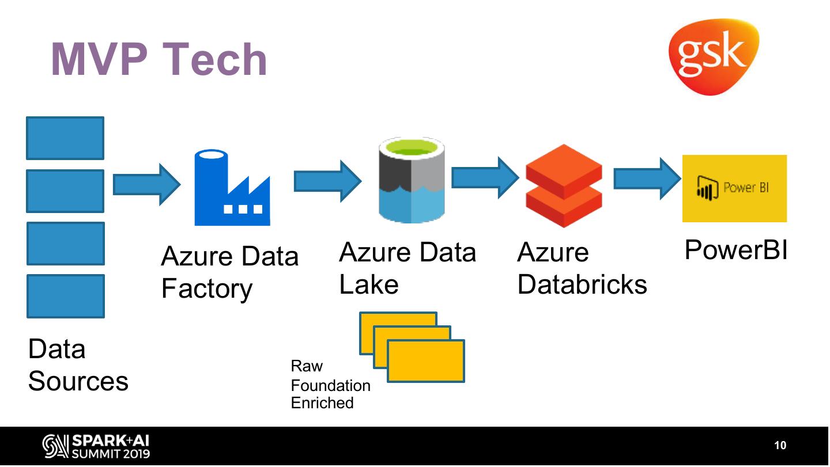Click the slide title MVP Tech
[159, 59]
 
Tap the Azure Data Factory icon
[232, 188]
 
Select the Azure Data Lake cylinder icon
[412, 181]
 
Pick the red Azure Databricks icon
[564, 185]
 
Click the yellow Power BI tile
[734, 188]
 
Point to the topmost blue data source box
[65, 138]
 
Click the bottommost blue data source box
[65, 296]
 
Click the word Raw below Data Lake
[307, 366]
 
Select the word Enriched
[322, 403]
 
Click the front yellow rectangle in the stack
[425, 361]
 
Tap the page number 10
[780, 445]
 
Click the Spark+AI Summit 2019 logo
[96, 446]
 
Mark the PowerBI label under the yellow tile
[735, 250]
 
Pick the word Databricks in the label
[582, 284]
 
